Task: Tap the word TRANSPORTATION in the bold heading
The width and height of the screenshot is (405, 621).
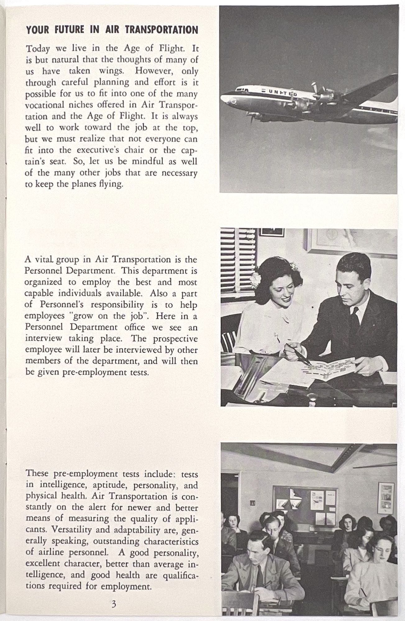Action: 161,30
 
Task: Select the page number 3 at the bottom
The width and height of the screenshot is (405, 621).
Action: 114,604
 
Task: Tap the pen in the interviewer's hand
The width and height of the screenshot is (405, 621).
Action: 298,354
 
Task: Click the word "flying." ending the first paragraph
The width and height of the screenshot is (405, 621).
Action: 111,184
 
